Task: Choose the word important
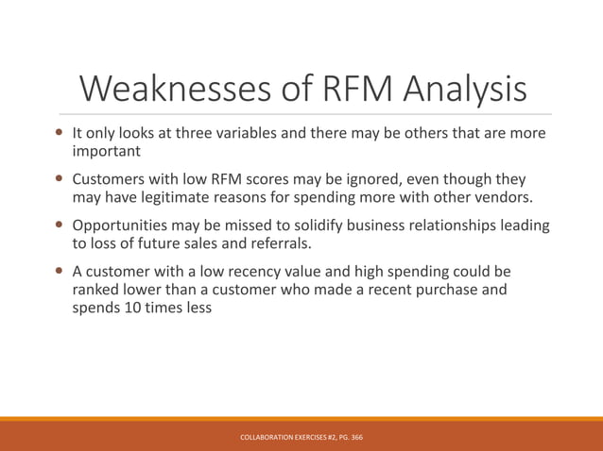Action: (107, 151)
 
